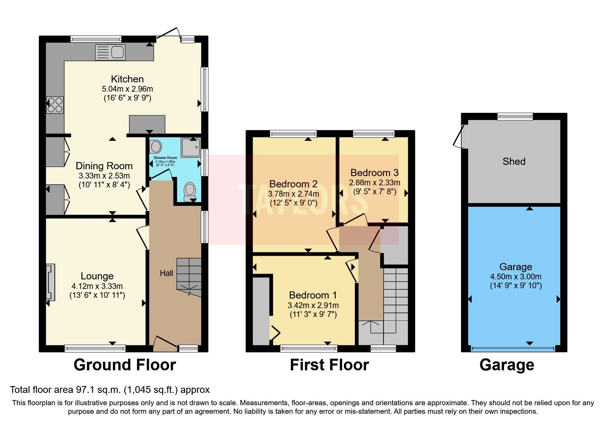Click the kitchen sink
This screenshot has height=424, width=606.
(x=110, y=52)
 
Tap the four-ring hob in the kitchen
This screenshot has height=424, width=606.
(x=55, y=105)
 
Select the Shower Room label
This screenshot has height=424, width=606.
(x=165, y=158)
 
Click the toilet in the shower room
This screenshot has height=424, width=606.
(x=189, y=192)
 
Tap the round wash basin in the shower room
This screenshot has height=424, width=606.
(x=156, y=147)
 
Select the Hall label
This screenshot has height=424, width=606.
(x=167, y=273)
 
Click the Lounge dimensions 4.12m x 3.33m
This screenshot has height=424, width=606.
(x=97, y=286)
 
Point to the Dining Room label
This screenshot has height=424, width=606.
(x=104, y=166)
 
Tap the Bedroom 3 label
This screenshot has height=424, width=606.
(x=374, y=173)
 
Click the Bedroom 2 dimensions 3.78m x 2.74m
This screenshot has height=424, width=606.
(x=294, y=194)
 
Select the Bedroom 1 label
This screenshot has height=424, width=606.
(x=313, y=295)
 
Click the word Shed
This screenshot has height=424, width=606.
(x=514, y=161)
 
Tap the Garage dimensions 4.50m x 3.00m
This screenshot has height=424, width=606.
(x=516, y=277)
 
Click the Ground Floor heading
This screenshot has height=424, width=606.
(x=125, y=365)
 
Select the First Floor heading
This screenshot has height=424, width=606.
(x=329, y=365)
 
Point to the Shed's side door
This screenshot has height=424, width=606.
(x=459, y=137)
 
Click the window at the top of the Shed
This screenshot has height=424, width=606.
(x=515, y=117)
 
